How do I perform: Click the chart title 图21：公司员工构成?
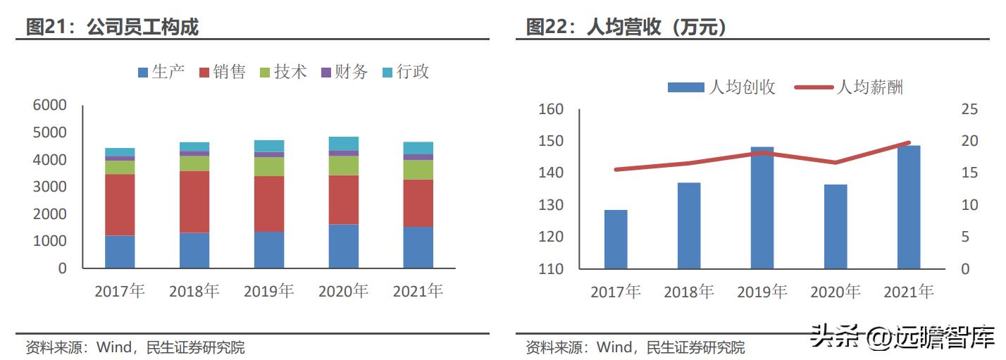click(112, 27)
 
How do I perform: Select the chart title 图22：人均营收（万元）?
click(626, 27)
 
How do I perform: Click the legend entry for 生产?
click(161, 72)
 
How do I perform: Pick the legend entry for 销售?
click(222, 72)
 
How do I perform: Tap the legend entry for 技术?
click(283, 72)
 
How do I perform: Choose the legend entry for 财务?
click(344, 72)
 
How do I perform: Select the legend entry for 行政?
click(405, 72)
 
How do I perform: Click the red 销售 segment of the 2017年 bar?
click(120, 205)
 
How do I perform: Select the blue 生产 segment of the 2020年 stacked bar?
click(344, 246)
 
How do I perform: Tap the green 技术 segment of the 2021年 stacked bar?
click(418, 170)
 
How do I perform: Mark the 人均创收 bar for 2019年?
click(762, 208)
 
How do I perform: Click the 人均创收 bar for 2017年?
click(616, 239)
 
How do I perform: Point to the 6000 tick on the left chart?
click(50, 105)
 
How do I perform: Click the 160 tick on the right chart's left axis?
click(551, 109)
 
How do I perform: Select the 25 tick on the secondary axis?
click(969, 109)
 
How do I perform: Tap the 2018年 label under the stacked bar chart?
click(194, 291)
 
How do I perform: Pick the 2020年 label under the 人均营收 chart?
click(836, 292)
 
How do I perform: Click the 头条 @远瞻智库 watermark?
click(902, 336)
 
